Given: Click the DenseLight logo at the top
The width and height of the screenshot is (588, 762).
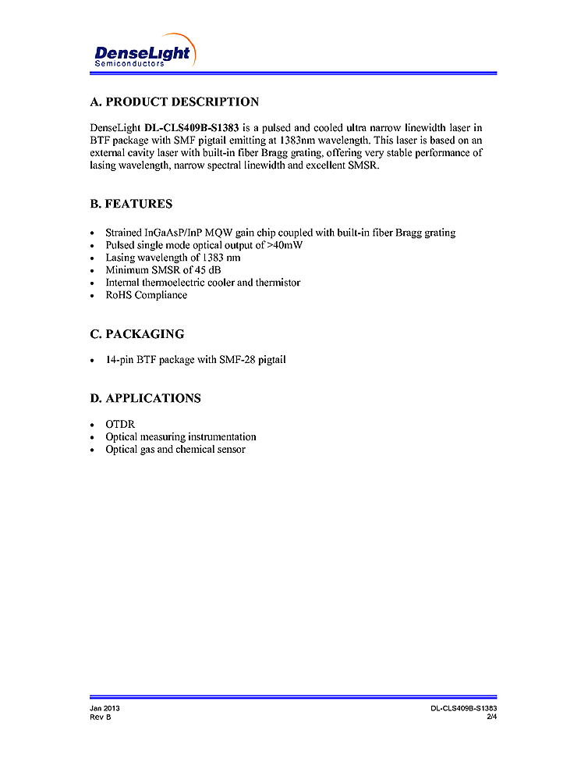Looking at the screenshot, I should coord(142,52).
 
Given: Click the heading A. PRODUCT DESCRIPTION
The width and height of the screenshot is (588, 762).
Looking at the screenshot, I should coord(175,102).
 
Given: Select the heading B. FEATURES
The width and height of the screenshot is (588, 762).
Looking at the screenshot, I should coord(131,205).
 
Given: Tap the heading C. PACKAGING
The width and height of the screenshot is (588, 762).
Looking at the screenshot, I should coord(137,334).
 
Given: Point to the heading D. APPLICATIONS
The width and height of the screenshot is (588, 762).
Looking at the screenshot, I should coord(145,398).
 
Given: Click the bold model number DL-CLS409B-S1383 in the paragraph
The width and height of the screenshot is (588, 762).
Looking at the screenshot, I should coord(192,127).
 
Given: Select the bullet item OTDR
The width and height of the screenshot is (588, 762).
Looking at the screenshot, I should coord(120,424).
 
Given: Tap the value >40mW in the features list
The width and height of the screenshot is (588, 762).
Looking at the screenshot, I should coord(285,245).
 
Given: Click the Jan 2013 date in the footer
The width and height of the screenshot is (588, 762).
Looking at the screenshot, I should coord(104,708).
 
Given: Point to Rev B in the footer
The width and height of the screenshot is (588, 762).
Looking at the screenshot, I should coord(101,717).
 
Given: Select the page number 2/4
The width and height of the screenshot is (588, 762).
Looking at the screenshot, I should coord(491,717).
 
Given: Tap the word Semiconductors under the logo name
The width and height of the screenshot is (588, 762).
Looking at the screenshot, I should coord(129,63).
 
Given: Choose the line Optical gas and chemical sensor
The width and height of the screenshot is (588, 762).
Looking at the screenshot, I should coord(175,450).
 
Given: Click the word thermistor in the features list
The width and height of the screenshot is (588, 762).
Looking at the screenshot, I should coord(274,283).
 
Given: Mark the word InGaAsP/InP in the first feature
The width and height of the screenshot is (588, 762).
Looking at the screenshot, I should coord(172,233).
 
